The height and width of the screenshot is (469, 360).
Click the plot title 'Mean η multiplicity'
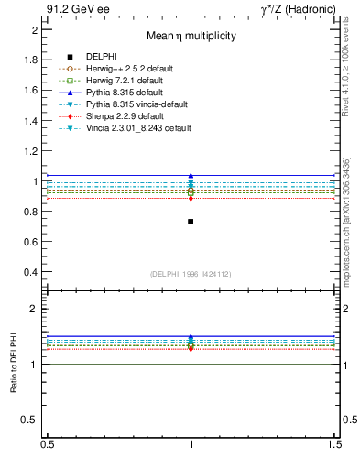click(192, 37)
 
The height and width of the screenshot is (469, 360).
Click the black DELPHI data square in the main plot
click(191, 222)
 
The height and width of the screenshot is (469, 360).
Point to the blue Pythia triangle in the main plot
click(191, 175)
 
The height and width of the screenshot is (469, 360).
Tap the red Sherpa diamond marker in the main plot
click(191, 198)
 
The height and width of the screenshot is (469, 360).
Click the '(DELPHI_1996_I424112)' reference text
click(191, 274)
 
